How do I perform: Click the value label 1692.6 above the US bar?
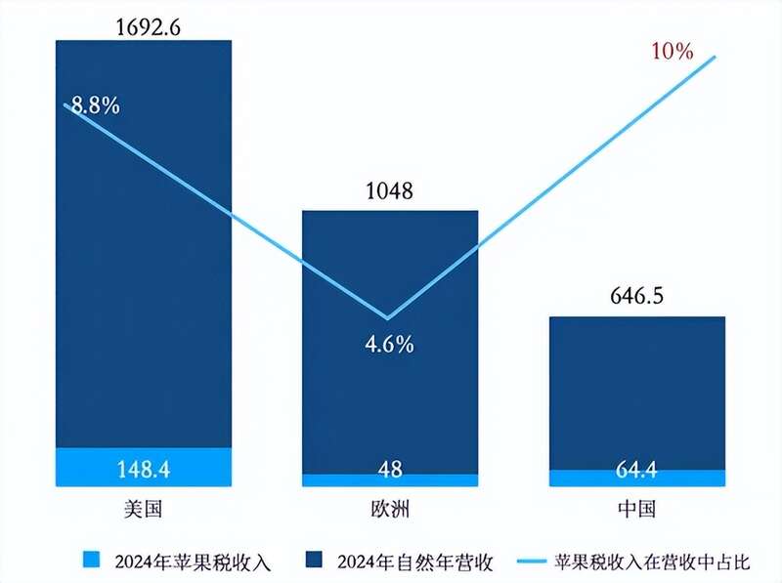(144, 25)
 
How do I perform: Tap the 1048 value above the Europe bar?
(389, 191)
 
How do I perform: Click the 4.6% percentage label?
(390, 344)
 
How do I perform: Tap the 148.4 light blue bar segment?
(144, 467)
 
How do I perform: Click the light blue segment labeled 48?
(390, 479)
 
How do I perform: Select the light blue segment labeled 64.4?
(636, 478)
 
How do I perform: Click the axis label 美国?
(144, 509)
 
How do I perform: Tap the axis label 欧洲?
(390, 509)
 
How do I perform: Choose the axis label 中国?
(636, 509)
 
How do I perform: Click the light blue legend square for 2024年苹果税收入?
(92, 560)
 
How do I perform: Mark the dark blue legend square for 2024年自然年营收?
(315, 560)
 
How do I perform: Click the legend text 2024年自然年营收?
(414, 561)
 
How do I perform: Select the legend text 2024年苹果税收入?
(192, 561)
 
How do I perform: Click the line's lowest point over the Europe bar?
(389, 318)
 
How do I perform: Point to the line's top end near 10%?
(716, 57)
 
